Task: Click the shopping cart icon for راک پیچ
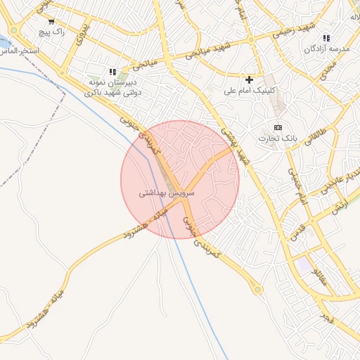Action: [32, 22]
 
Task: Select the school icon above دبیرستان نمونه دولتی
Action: [112, 72]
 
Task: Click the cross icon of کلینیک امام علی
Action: [249, 79]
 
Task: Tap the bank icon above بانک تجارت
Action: [278, 127]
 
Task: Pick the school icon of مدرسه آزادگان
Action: [326, 38]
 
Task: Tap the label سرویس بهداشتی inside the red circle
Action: [167, 192]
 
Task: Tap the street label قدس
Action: [297, 231]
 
